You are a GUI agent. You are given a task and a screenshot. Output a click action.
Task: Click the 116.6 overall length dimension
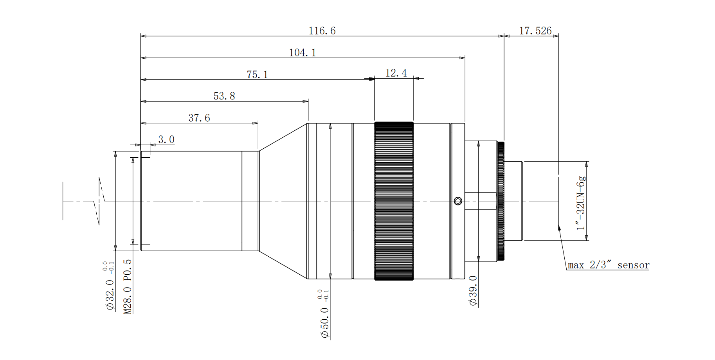point(322,31)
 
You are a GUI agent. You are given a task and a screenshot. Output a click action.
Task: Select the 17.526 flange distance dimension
point(535,31)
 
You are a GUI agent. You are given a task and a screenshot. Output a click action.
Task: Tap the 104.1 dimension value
point(302,52)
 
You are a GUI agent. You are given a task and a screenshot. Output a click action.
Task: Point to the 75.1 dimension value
point(257,74)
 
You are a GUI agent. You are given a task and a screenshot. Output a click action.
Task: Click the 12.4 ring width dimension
point(396,73)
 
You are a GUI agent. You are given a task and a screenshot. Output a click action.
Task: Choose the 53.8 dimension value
point(224,96)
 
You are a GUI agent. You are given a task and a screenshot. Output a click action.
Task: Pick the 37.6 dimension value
point(199,118)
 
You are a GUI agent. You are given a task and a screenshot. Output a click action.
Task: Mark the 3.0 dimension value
point(166,140)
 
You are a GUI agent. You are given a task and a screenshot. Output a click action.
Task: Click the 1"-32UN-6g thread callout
point(582,203)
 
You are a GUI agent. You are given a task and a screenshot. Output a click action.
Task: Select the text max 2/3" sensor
point(608,265)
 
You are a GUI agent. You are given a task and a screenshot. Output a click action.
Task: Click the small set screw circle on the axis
point(458,201)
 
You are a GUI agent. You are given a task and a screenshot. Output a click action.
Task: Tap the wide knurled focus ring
point(394,201)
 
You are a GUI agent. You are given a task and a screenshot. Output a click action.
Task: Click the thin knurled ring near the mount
point(501,201)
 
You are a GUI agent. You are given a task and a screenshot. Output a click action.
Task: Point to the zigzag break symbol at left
point(99,201)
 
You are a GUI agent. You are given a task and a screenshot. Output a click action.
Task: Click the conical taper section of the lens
point(283,201)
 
